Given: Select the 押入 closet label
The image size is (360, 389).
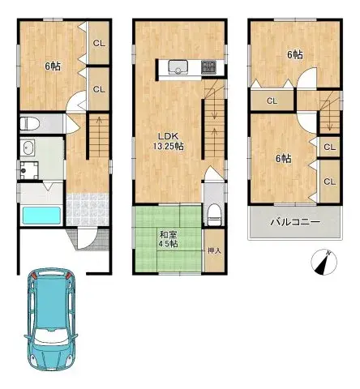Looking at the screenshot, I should pyautogui.click(x=214, y=250).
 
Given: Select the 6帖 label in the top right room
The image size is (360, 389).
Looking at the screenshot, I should pyautogui.click(x=294, y=54).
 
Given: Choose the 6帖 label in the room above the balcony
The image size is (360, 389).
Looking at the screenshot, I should pyautogui.click(x=282, y=158).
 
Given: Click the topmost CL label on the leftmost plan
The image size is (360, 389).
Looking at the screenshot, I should pyautogui.click(x=97, y=44).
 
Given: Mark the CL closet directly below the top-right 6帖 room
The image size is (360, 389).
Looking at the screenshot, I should pyautogui.click(x=271, y=100).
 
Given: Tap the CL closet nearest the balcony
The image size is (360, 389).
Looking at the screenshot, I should pyautogui.click(x=329, y=182).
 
